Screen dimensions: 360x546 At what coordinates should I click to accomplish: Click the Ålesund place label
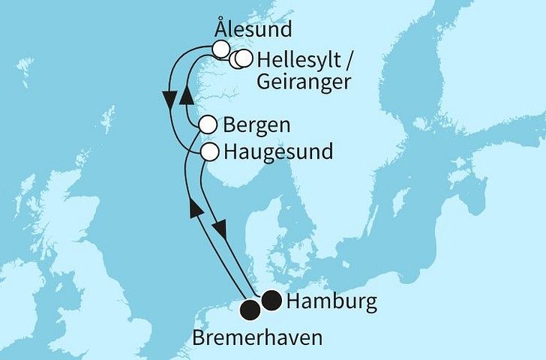click(x=252, y=31)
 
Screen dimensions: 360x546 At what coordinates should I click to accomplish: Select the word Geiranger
click(x=303, y=81)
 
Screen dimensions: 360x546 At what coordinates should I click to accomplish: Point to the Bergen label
click(x=256, y=124)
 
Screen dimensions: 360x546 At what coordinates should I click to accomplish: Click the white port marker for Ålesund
click(x=220, y=49)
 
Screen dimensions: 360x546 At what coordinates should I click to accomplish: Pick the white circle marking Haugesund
click(x=211, y=151)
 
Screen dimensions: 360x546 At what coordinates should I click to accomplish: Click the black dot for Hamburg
click(x=271, y=301)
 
